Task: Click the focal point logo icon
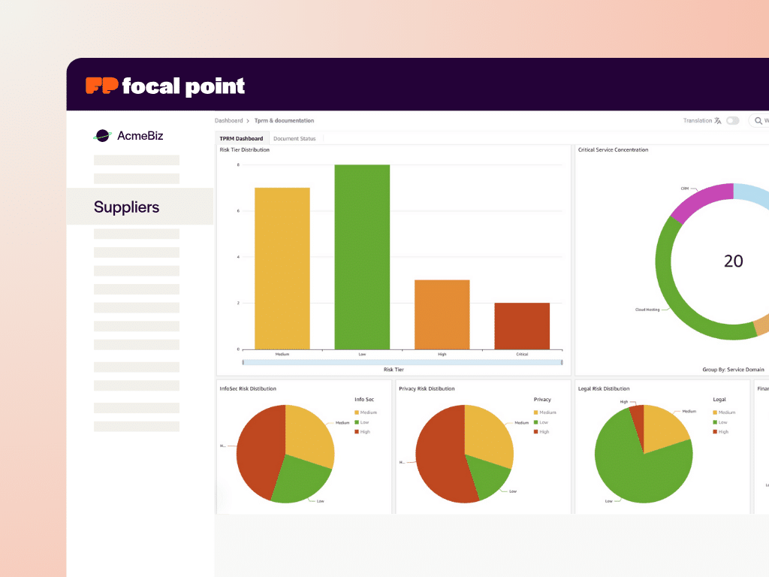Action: (101, 86)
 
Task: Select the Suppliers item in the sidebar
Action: (126, 207)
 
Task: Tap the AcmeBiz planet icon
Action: (102, 136)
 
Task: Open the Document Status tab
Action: (294, 138)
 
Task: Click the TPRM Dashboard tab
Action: (241, 138)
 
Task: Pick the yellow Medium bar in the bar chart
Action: (282, 268)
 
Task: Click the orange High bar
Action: (442, 314)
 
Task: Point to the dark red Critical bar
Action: (522, 326)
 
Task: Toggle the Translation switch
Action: (732, 120)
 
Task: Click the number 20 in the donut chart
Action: (733, 261)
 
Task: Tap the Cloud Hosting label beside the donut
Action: (647, 310)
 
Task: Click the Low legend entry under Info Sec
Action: (364, 422)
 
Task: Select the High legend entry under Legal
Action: (723, 432)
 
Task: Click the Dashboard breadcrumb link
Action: (229, 120)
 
